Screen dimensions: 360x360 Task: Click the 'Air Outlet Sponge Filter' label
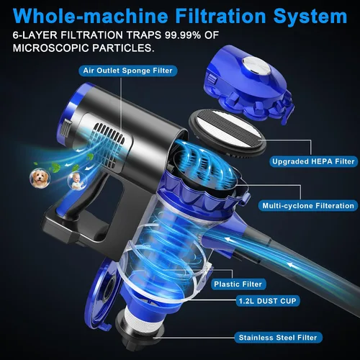tap(128, 71)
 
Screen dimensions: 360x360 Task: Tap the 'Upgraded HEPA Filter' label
tap(313, 161)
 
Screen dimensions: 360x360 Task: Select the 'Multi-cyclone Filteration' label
tap(308, 206)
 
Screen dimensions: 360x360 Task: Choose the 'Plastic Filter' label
tap(238, 284)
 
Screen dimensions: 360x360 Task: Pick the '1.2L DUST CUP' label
tap(267, 301)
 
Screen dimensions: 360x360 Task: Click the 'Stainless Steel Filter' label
tap(278, 338)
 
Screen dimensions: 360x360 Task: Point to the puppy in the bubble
tap(40, 179)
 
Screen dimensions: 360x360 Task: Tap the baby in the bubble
tap(76, 181)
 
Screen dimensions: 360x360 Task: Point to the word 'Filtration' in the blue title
tap(220, 16)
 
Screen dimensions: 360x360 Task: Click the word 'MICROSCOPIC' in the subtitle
tap(51, 48)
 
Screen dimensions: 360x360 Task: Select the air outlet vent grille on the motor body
tap(109, 145)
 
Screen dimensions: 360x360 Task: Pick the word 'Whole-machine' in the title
tap(91, 16)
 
